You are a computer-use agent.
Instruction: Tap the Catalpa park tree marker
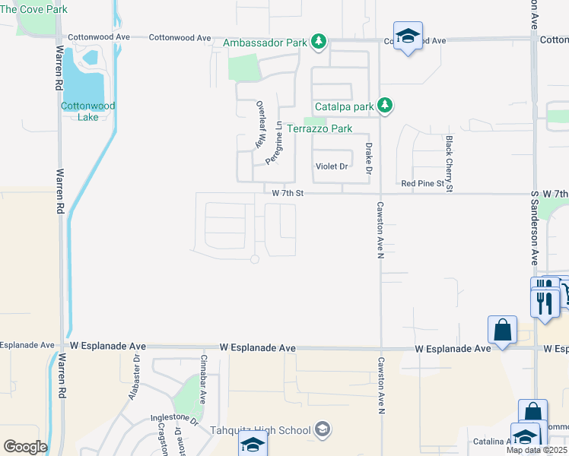pyautogui.click(x=386, y=106)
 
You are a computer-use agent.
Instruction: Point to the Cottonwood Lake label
pyautogui.click(x=88, y=111)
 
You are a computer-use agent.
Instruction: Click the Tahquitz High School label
pyautogui.click(x=261, y=430)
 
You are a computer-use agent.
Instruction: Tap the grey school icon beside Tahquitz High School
pyautogui.click(x=323, y=430)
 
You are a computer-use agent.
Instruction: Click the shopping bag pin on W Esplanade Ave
pyautogui.click(x=502, y=331)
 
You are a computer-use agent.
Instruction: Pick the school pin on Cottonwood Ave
pyautogui.click(x=408, y=36)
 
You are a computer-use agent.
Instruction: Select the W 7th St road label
pyautogui.click(x=288, y=193)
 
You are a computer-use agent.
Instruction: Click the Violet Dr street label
pyautogui.click(x=332, y=166)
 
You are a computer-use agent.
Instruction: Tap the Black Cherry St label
pyautogui.click(x=450, y=163)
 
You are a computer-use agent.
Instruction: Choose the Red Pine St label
pyautogui.click(x=421, y=184)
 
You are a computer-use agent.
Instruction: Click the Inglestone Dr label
pyautogui.click(x=174, y=416)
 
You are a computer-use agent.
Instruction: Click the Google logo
pyautogui.click(x=25, y=446)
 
